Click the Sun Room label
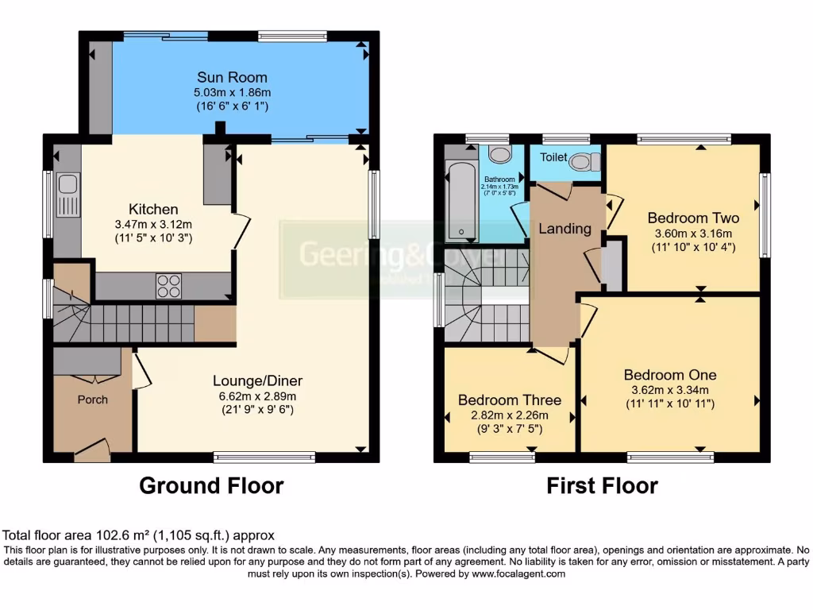pyautogui.click(x=232, y=77)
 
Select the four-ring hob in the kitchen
pyautogui.click(x=168, y=285)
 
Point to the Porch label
pyautogui.click(x=92, y=399)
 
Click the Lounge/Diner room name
pyautogui.click(x=257, y=380)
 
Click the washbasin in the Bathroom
pyautogui.click(x=499, y=155)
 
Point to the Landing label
pyautogui.click(x=564, y=229)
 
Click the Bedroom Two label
pyautogui.click(x=692, y=218)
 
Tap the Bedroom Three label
pyautogui.click(x=509, y=400)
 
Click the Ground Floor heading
pyautogui.click(x=211, y=485)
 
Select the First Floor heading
pyautogui.click(x=602, y=485)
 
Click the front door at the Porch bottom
pyautogui.click(x=92, y=452)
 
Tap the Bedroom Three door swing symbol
pyautogui.click(x=553, y=355)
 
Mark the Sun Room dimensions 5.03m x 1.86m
pyautogui.click(x=232, y=93)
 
